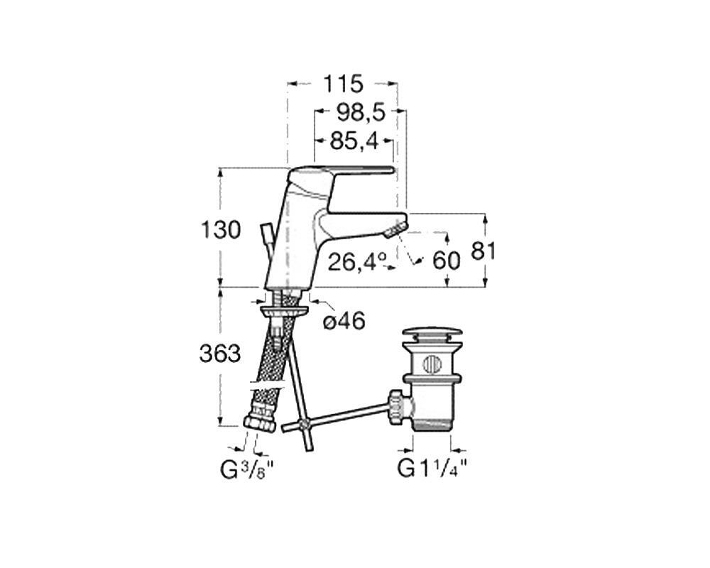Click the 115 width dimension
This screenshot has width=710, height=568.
pos(343,84)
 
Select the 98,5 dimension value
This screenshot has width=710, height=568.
pos(361,112)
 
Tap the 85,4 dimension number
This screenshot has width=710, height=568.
pos(354,141)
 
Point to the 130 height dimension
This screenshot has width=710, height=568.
pos(221,230)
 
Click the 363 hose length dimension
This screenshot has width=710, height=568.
pos(220,354)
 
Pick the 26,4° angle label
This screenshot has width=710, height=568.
pos(357,262)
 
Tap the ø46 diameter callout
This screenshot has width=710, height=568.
pos(344,322)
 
